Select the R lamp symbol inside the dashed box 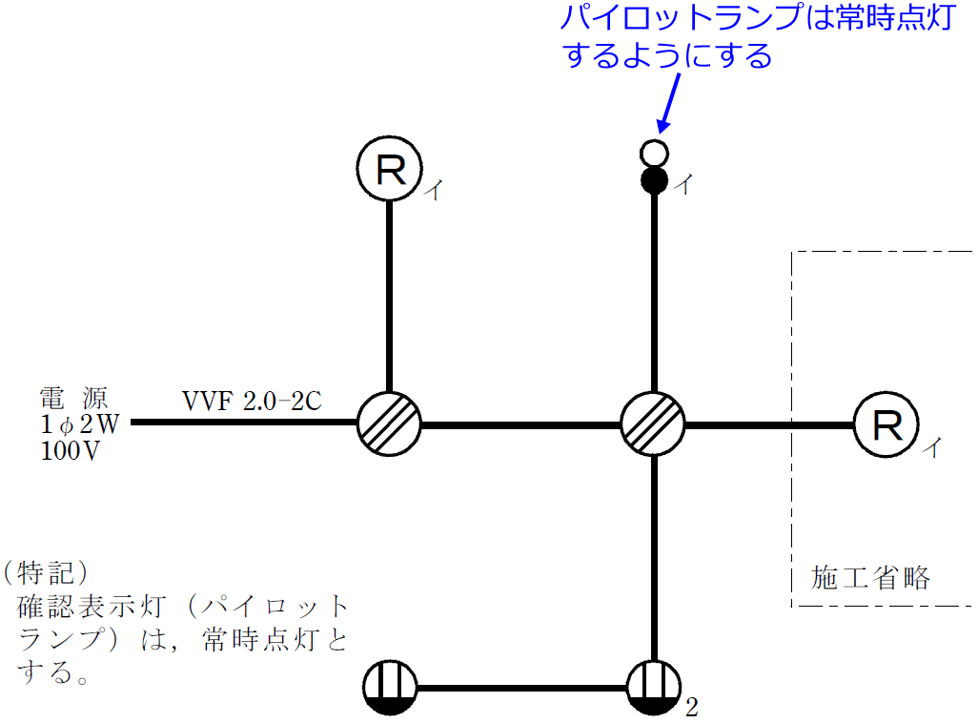coord(886,425)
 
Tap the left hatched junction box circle coord(389,423)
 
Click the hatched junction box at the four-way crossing coord(653,423)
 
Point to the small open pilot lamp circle coord(654,153)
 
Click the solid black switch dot coord(654,179)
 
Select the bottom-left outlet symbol coord(390,688)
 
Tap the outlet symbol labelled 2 coord(654,688)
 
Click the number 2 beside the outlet coord(692,708)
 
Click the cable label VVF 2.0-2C coord(252,401)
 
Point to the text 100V coord(72,451)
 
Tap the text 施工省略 coord(870,578)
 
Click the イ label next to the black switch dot coord(683,185)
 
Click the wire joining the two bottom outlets coord(521,688)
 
